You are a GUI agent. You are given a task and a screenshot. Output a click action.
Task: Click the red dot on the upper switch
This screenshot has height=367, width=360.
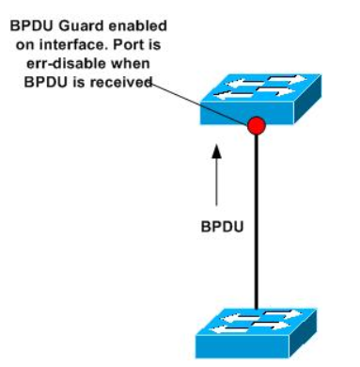256,124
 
